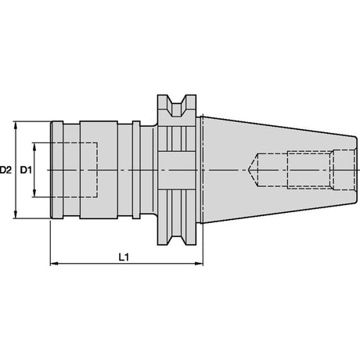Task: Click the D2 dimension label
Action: point(5,170)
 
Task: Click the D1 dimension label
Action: point(26,170)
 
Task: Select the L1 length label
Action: point(124,257)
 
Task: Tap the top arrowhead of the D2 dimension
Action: point(16,125)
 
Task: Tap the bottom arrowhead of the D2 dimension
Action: point(16,214)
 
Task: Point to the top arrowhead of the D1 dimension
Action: point(34,147)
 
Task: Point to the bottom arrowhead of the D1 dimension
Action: point(34,193)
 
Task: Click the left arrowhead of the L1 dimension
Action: point(54,264)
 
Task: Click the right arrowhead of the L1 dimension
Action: point(199,264)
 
